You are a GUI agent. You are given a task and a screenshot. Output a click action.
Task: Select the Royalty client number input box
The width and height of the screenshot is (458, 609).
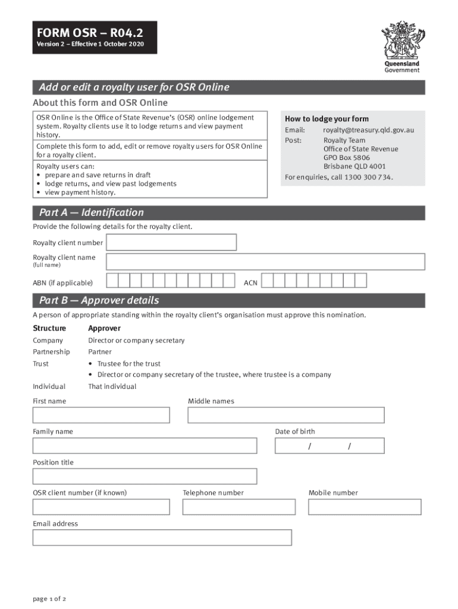tap(171, 243)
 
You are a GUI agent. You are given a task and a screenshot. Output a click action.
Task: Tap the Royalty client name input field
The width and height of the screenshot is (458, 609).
tap(265, 262)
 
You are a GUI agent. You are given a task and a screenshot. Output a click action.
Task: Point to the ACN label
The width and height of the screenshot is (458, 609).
tap(250, 283)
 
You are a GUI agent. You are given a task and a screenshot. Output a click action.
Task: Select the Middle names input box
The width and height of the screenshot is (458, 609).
tap(286, 415)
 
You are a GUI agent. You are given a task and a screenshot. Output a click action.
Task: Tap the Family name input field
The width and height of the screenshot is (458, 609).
tap(145, 445)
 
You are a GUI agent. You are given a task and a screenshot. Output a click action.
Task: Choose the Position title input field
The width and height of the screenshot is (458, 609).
tap(145, 476)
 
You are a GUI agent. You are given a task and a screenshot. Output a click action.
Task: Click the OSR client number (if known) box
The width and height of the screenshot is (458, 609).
tap(101, 507)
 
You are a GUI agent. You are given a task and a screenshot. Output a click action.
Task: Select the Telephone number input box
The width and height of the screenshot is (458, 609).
tap(239, 507)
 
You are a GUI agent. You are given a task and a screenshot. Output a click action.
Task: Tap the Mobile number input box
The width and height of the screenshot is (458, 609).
tap(364, 507)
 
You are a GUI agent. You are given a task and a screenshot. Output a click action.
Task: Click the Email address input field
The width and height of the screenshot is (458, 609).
tap(162, 538)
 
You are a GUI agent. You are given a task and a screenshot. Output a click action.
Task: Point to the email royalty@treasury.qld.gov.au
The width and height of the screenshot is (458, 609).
tap(368, 130)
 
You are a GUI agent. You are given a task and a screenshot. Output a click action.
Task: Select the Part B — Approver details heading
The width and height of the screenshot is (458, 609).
tap(99, 300)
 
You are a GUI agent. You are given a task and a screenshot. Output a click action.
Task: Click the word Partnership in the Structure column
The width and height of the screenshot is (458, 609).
tap(51, 352)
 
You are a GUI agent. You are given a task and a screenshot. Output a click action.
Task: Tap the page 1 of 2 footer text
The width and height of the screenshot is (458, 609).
tap(49, 598)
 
